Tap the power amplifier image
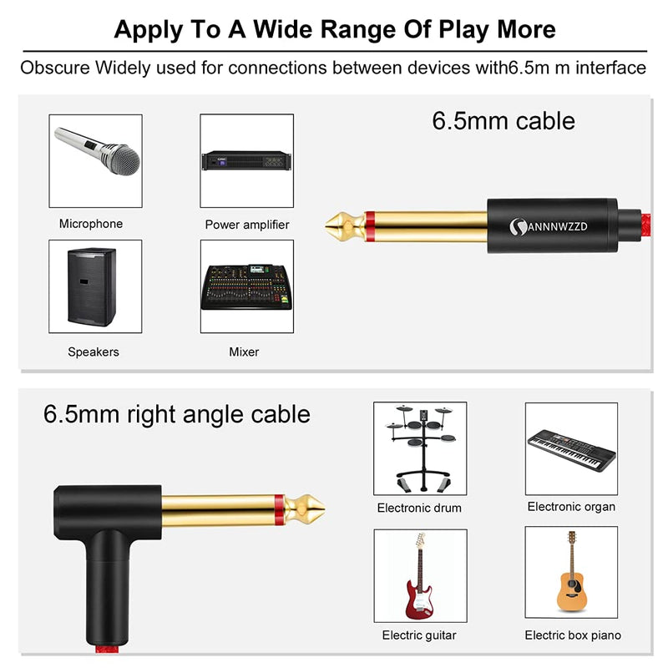coord(246,159)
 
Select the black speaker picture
coord(92,286)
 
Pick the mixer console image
coord(246,287)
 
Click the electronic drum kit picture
coord(419,448)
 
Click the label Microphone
coord(91,224)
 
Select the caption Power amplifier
coord(247,225)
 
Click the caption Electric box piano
coord(573,635)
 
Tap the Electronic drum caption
coord(419,508)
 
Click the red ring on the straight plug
coord(369,223)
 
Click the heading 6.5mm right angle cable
coord(176,414)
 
